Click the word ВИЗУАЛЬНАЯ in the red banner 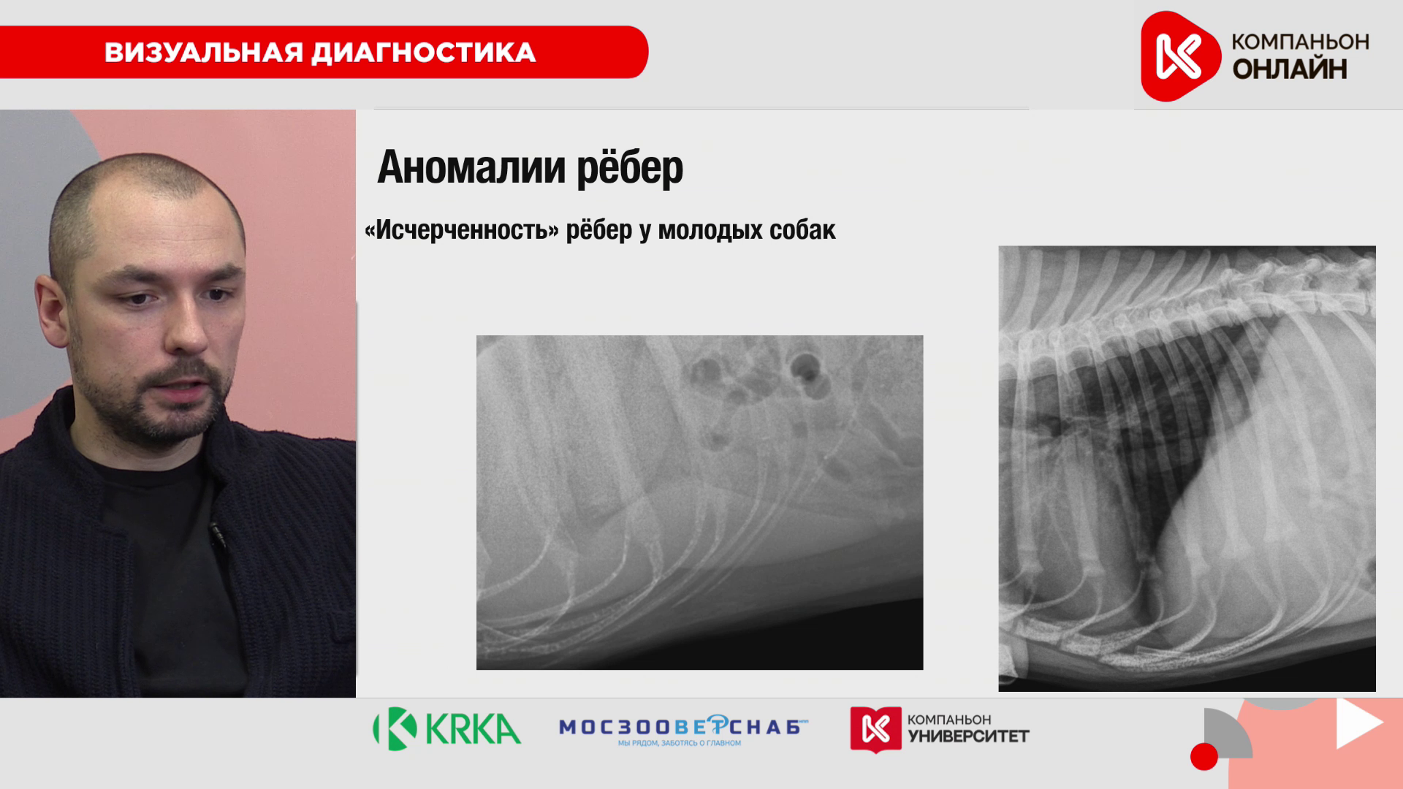click(x=203, y=53)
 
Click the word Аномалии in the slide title click(x=471, y=167)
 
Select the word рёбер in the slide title click(x=630, y=168)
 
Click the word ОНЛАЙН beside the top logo click(x=1290, y=69)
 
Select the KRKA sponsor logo click(x=446, y=728)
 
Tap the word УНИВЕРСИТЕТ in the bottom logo click(x=968, y=736)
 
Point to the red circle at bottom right click(x=1204, y=756)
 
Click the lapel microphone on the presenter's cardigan click(x=217, y=535)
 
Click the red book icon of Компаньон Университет click(x=875, y=728)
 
